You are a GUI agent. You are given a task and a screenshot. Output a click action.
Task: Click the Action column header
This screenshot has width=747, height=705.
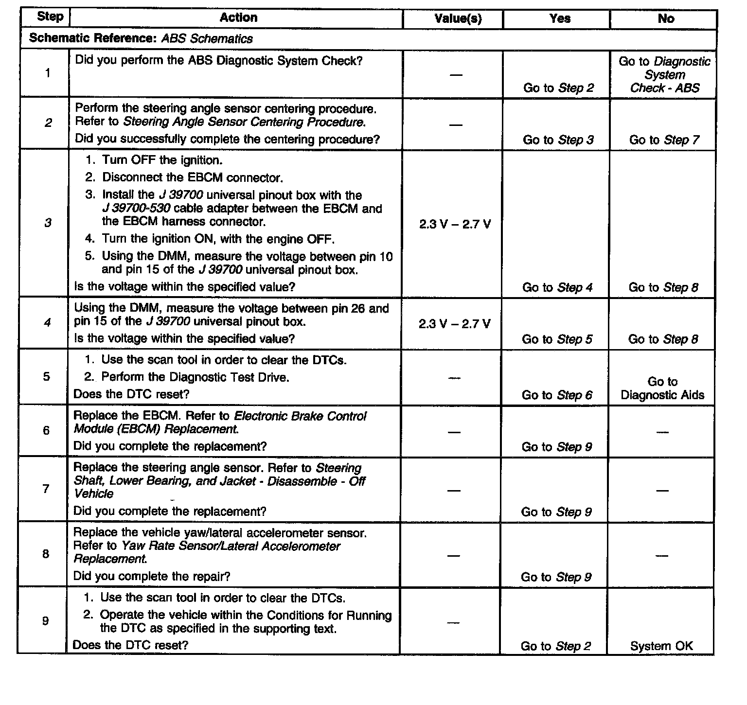click(238, 18)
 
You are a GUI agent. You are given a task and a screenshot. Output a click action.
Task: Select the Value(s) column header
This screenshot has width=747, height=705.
click(458, 19)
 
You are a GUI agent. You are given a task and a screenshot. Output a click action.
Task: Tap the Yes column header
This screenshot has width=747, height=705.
click(560, 19)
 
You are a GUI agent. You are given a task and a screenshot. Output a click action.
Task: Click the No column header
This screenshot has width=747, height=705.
click(666, 19)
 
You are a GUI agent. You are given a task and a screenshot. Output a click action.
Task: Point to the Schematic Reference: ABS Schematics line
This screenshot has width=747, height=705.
click(141, 39)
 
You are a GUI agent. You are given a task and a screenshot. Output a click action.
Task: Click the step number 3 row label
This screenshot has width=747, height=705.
click(48, 223)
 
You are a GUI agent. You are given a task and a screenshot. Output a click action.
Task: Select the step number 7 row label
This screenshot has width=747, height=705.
click(46, 489)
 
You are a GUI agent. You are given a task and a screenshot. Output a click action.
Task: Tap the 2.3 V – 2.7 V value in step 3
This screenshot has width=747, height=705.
click(455, 224)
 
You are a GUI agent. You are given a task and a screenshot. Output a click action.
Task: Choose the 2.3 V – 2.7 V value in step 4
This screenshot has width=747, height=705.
click(454, 324)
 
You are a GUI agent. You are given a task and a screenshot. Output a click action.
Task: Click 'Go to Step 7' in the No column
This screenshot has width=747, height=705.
click(664, 140)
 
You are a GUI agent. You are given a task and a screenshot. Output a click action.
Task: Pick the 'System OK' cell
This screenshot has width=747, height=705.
click(661, 646)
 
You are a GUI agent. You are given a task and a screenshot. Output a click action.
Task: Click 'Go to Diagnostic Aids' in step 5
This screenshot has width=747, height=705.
click(662, 388)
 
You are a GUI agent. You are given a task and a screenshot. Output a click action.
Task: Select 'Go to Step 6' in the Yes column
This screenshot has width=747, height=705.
click(557, 395)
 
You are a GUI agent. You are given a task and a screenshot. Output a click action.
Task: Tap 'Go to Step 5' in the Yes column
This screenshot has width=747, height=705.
click(557, 339)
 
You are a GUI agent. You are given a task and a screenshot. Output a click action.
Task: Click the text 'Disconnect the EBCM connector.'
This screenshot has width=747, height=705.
click(193, 177)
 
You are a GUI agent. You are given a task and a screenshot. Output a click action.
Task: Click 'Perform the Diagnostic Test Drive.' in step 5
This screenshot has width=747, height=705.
click(195, 377)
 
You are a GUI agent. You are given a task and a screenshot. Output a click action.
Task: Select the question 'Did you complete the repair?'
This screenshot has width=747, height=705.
click(152, 577)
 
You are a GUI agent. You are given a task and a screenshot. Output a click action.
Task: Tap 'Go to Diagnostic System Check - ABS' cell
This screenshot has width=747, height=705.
click(664, 75)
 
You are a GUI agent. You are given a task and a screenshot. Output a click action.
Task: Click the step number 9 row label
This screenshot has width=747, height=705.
click(45, 621)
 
